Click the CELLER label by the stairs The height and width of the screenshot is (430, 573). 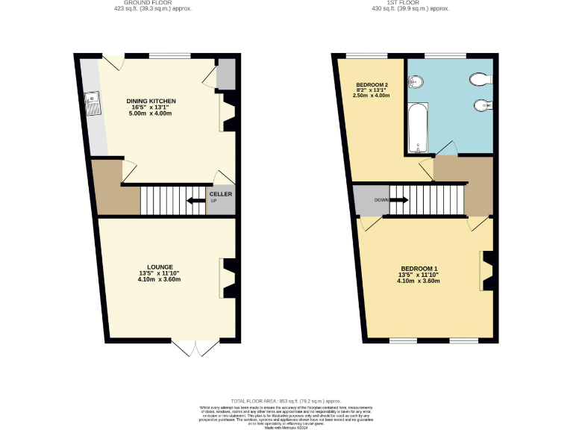[220, 194]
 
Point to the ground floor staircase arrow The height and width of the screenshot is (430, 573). [195, 200]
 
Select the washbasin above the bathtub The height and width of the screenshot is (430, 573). [416, 81]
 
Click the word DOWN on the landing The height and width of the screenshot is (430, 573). [381, 200]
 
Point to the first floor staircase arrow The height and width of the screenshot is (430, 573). [398, 200]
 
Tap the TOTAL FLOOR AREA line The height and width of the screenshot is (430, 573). [286, 401]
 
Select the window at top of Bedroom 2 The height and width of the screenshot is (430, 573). [366, 56]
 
